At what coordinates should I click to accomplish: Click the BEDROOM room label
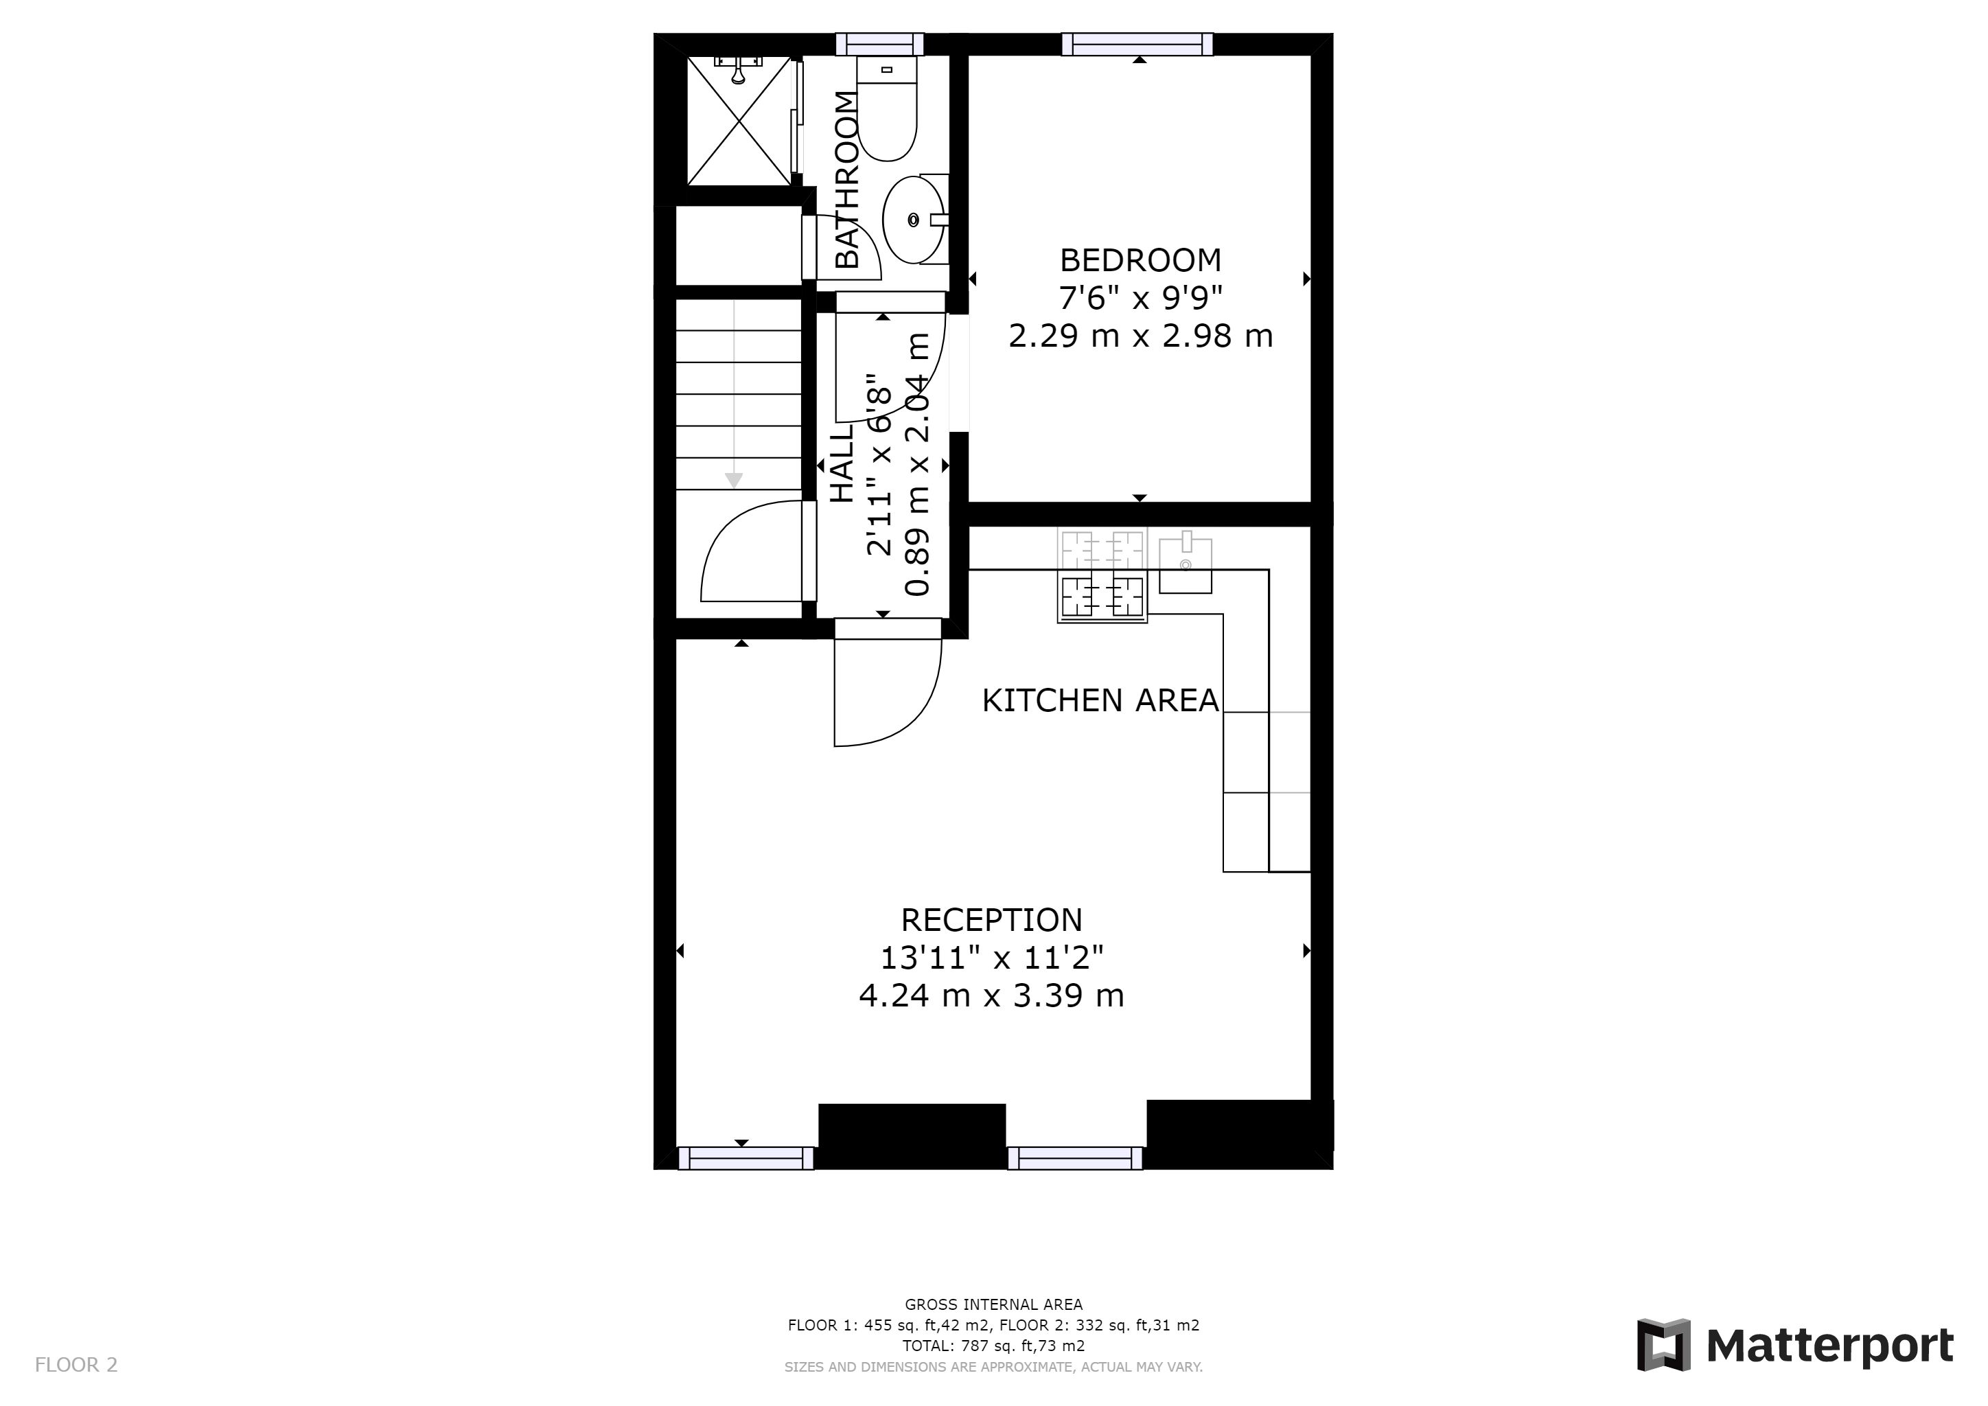tap(1140, 260)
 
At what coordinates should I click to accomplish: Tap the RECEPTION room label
tap(991, 919)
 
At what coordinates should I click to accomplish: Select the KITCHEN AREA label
tap(1100, 700)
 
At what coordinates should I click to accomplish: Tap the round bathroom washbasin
tap(914, 220)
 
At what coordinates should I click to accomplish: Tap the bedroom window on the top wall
tap(1137, 44)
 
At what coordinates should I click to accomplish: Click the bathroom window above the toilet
tap(880, 44)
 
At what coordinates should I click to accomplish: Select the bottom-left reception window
tap(745, 1158)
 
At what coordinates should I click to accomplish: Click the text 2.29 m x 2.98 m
tap(1140, 336)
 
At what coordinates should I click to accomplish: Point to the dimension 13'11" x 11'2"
tap(992, 958)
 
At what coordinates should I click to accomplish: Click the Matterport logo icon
tap(1663, 1344)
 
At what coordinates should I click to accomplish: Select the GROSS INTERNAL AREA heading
tap(993, 1304)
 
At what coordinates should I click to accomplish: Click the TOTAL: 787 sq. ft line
tap(993, 1346)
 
